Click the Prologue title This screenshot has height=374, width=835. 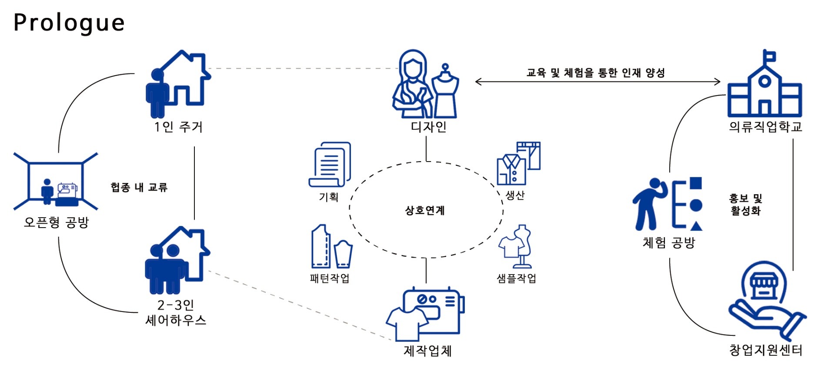coord(69,23)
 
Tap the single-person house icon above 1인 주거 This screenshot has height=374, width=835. coord(178,83)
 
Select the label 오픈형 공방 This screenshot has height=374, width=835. coord(56,222)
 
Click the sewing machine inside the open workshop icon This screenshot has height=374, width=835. coord(67,193)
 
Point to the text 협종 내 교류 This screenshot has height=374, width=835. coord(139,187)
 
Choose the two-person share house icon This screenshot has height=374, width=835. coord(176,261)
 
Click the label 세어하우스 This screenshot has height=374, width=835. coord(176,321)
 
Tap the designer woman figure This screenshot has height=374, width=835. coord(411,85)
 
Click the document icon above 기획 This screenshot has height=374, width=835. coord(330,164)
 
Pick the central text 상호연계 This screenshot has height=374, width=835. coord(425,211)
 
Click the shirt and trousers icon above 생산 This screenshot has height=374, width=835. coord(518,163)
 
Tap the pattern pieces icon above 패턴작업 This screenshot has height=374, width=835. coord(331,247)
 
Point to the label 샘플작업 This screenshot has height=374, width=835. coord(516,278)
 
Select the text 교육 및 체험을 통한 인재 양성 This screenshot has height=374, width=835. coord(595,73)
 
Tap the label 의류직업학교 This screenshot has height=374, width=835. coord(765,127)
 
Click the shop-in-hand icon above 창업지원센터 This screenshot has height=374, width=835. coord(765,300)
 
